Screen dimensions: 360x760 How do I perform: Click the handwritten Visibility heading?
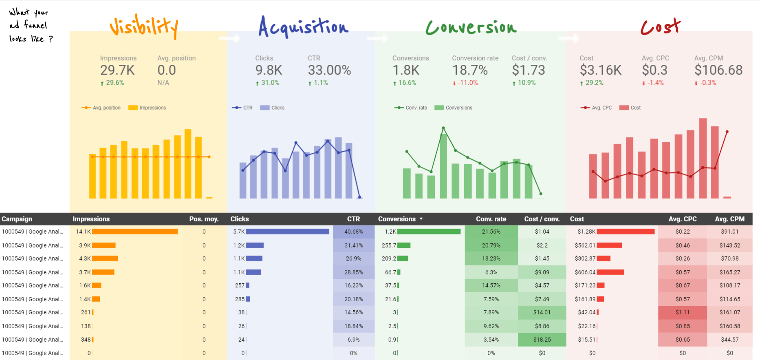coord(143,27)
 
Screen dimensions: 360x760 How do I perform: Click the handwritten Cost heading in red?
coord(660,27)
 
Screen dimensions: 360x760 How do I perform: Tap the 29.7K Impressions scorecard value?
coord(117,70)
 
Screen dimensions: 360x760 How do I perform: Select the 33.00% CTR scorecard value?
coord(329,70)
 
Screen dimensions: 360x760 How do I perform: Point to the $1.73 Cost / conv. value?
coord(528,70)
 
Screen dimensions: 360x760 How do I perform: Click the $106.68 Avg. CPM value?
coord(718,70)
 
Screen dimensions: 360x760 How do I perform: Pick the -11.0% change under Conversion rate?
coord(467,83)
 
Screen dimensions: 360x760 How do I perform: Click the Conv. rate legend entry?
coord(411,108)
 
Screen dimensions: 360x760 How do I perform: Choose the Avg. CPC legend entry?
coord(597,108)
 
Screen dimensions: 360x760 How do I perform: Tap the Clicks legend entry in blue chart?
coord(273,108)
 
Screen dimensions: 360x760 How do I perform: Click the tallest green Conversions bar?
coord(443,167)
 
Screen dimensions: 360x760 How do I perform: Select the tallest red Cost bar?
coord(703,159)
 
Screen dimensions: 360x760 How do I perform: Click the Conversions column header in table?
coord(397,219)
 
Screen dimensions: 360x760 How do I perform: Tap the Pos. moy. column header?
coord(204,219)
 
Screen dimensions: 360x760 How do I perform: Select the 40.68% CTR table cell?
coord(353,232)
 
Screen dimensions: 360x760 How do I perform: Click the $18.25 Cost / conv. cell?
coord(542,340)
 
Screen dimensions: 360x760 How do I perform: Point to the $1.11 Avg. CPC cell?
coord(682,312)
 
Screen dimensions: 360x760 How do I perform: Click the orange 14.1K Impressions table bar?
coord(134,232)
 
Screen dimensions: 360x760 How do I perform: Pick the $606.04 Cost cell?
coord(585,272)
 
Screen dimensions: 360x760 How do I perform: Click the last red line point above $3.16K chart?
coord(727,132)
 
